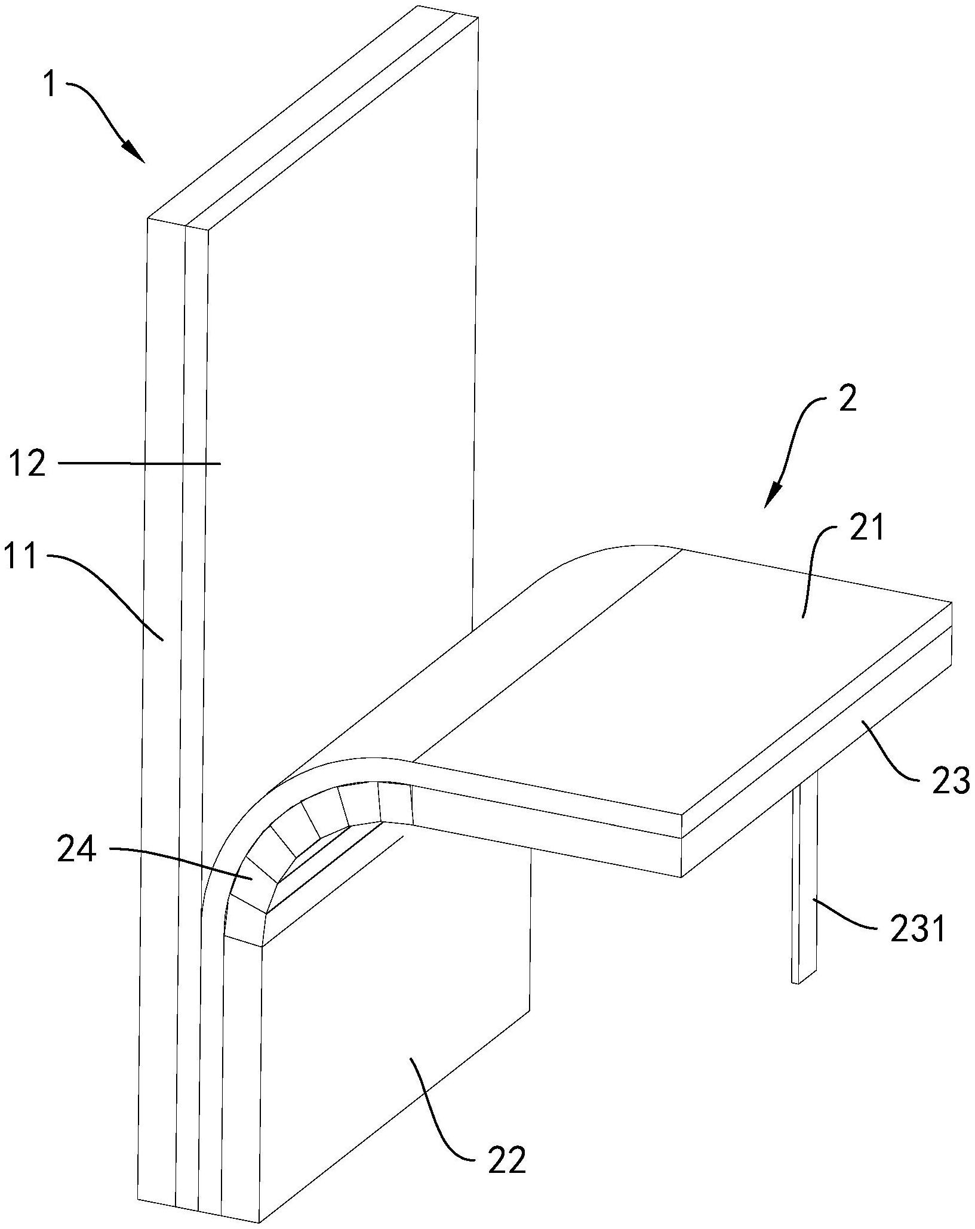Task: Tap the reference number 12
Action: (x=27, y=463)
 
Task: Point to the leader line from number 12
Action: (x=140, y=463)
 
